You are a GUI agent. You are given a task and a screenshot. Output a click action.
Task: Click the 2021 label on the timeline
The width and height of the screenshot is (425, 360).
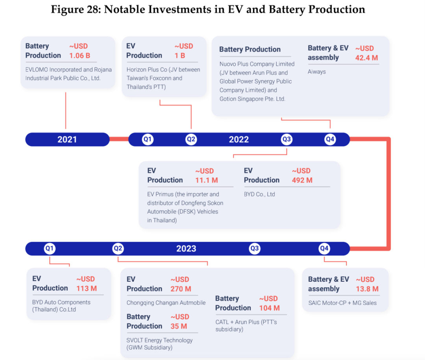(67, 139)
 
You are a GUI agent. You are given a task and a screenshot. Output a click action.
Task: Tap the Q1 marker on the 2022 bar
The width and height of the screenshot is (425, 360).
(148, 139)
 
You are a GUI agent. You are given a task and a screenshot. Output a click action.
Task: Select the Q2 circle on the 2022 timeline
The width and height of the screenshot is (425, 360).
(191, 139)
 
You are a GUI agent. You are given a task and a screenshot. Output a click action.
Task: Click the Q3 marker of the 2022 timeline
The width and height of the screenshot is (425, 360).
(286, 139)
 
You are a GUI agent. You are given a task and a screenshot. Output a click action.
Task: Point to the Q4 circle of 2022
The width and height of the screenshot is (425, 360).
(330, 139)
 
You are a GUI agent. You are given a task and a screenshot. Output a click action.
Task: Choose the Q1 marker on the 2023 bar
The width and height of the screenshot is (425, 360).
(50, 248)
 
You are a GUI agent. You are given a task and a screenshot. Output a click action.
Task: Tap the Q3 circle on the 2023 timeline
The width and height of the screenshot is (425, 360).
(255, 248)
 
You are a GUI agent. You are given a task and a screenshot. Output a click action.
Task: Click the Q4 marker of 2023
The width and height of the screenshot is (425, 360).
(324, 248)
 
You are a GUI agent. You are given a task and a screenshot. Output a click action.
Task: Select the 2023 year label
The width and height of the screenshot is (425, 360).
(186, 249)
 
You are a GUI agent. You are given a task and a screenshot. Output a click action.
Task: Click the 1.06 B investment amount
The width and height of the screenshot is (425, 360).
(79, 55)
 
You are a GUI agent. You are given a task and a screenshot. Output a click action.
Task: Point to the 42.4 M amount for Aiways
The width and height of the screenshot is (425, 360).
(366, 58)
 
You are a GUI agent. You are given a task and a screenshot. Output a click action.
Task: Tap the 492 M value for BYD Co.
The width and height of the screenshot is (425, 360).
(302, 180)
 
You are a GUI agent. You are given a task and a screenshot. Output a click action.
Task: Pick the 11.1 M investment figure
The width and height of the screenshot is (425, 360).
(207, 180)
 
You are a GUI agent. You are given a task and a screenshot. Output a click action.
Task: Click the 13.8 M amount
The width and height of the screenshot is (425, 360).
(367, 289)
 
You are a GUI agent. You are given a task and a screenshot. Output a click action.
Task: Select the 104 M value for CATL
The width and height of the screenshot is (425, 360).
(270, 308)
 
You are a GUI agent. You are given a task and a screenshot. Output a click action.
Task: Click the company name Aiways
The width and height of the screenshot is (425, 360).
(316, 72)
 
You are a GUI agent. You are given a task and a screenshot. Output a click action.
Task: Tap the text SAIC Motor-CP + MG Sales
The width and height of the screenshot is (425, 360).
(342, 303)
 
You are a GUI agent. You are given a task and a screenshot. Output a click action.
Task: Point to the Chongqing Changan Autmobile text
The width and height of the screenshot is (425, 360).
(166, 303)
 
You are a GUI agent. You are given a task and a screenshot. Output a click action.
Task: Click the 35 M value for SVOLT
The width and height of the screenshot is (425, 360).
(179, 326)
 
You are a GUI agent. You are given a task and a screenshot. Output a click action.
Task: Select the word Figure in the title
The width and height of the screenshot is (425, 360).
(67, 9)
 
